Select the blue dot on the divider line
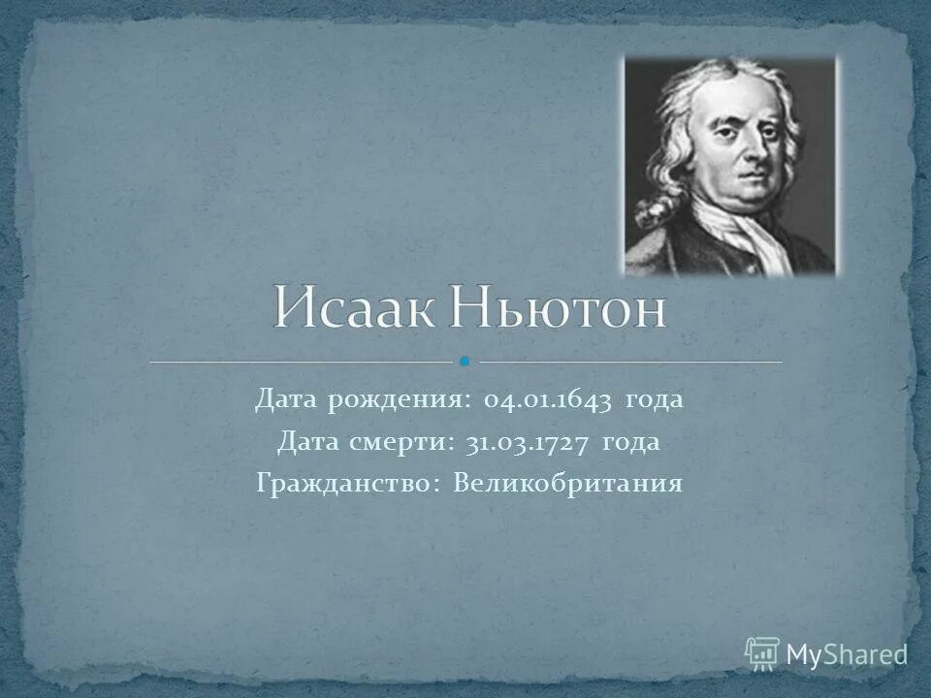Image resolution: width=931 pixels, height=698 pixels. click(x=465, y=362)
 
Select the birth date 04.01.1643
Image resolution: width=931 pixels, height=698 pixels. click(x=547, y=399)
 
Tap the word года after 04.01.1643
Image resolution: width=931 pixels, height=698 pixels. click(x=654, y=399)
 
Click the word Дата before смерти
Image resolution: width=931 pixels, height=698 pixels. click(x=308, y=442)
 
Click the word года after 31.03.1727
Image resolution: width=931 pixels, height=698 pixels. click(x=630, y=442)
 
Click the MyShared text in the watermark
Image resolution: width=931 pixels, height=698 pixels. click(x=846, y=654)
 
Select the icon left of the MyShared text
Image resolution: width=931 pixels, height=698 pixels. click(x=762, y=653)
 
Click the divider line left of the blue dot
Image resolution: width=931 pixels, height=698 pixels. click(x=301, y=362)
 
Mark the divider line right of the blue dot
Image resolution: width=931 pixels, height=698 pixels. click(x=630, y=362)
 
